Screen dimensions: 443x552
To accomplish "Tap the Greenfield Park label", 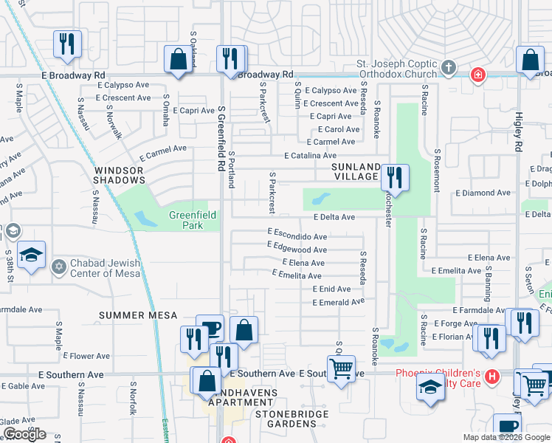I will (186, 220).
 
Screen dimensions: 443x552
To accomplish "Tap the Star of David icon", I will (58, 265).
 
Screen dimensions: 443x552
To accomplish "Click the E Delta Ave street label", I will (334, 217).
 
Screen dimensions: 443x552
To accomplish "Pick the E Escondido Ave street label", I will (297, 236).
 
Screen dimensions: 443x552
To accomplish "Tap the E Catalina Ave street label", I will (311, 155).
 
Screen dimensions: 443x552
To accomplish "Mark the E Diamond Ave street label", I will (483, 193).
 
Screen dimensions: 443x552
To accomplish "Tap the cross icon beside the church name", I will (447, 69).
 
